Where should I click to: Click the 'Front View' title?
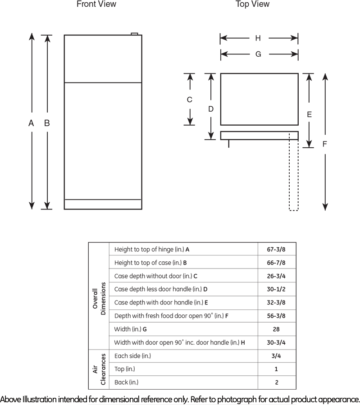click(96, 5)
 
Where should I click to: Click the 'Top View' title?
click(252, 5)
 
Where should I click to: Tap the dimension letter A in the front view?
click(31, 123)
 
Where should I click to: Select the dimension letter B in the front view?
click(46, 123)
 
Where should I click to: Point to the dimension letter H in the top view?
click(258, 38)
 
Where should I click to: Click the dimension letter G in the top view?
click(258, 54)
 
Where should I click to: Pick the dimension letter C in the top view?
click(190, 100)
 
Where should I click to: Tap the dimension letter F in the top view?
click(324, 144)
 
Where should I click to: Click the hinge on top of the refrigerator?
click(134, 33)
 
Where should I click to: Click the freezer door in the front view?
click(103, 59)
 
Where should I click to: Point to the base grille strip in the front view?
click(103, 204)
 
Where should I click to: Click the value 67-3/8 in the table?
click(276, 249)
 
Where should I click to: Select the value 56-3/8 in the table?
click(276, 316)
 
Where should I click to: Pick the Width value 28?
click(276, 329)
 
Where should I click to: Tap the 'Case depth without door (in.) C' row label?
click(156, 276)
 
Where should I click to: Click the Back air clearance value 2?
click(276, 382)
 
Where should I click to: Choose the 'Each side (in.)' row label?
click(132, 356)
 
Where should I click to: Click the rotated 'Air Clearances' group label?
click(99, 369)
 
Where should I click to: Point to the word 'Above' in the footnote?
click(10, 400)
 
